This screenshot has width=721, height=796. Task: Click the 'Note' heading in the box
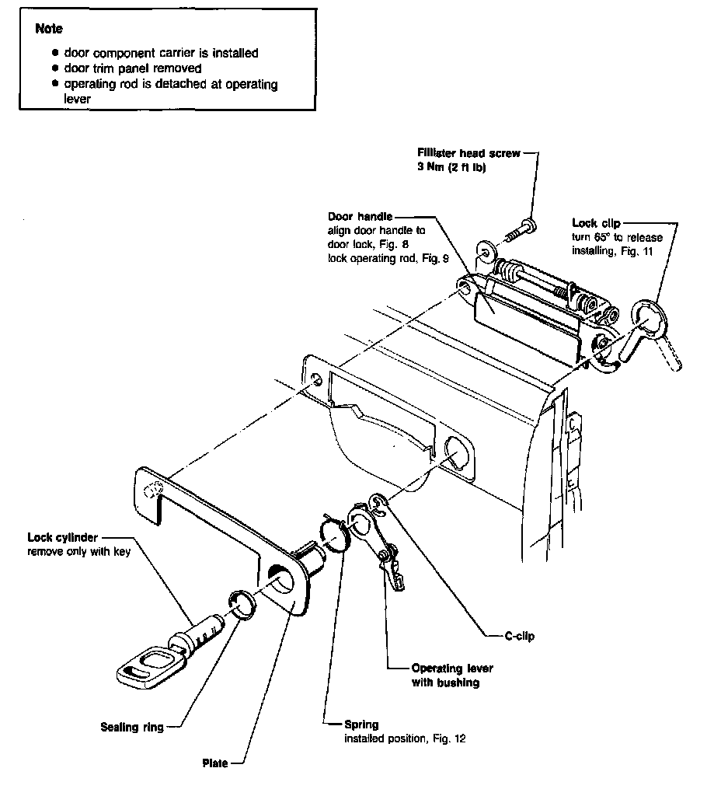click(x=49, y=29)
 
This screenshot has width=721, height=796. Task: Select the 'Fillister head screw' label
click(x=468, y=153)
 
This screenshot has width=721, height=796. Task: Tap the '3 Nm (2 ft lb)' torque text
click(x=452, y=166)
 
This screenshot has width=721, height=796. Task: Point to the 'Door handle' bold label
click(x=360, y=217)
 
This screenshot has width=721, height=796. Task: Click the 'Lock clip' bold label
click(x=596, y=223)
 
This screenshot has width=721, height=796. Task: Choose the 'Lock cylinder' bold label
click(x=63, y=537)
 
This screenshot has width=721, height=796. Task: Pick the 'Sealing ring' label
click(x=132, y=728)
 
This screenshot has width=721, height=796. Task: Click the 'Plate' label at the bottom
click(x=214, y=763)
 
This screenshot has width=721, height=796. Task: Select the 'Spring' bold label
click(x=362, y=724)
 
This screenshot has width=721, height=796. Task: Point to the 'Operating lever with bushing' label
click(x=452, y=676)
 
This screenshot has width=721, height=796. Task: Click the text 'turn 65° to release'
click(x=611, y=236)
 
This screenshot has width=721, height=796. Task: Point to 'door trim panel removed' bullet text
click(x=133, y=68)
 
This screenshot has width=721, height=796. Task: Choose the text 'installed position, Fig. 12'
click(x=405, y=738)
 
